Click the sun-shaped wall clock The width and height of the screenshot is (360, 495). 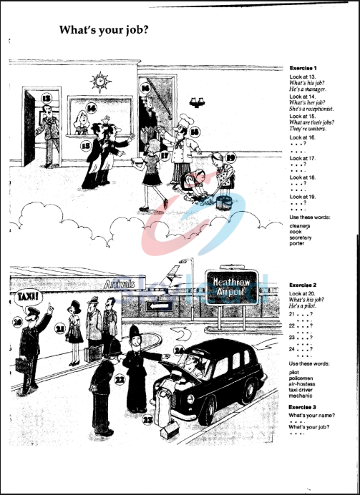pos(101,80)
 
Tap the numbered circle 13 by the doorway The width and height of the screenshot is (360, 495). pos(46,98)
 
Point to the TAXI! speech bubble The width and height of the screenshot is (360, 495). pos(27,297)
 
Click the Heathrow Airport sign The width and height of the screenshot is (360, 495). pos(232,285)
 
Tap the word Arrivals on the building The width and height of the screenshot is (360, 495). pos(119,285)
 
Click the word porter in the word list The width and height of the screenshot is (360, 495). pos(297,243)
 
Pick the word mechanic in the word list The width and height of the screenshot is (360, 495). pos(301,395)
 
